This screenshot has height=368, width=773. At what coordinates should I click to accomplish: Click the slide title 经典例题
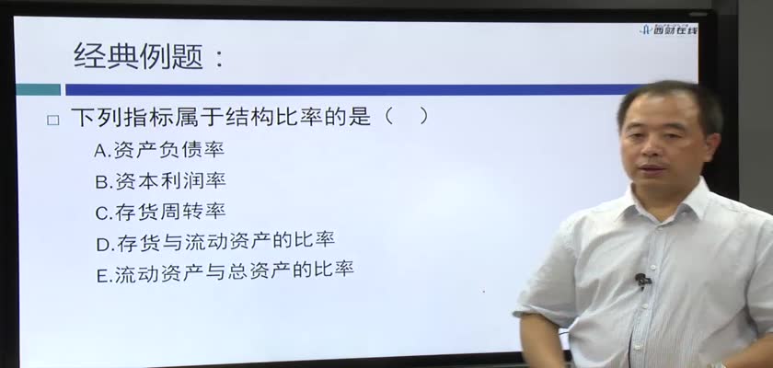click(x=139, y=57)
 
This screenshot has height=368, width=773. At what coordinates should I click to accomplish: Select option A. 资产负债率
click(x=159, y=150)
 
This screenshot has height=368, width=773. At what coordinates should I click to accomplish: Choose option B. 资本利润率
click(x=160, y=181)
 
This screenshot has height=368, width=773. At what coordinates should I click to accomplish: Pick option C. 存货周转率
click(x=160, y=212)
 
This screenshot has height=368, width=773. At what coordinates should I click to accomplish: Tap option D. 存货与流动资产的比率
click(x=215, y=241)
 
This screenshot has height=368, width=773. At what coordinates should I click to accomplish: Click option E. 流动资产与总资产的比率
click(x=225, y=272)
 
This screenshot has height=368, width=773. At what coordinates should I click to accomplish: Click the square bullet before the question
click(x=52, y=121)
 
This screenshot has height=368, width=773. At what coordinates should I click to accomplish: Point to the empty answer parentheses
click(x=406, y=117)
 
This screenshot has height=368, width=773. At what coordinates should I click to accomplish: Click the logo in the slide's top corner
click(x=669, y=30)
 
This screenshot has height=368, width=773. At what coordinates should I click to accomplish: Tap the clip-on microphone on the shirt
click(x=641, y=280)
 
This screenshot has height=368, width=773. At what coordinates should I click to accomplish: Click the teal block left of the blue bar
click(x=38, y=89)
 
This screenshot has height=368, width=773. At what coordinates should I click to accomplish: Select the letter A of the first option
click(x=100, y=151)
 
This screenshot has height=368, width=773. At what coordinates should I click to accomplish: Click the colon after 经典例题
click(x=219, y=58)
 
